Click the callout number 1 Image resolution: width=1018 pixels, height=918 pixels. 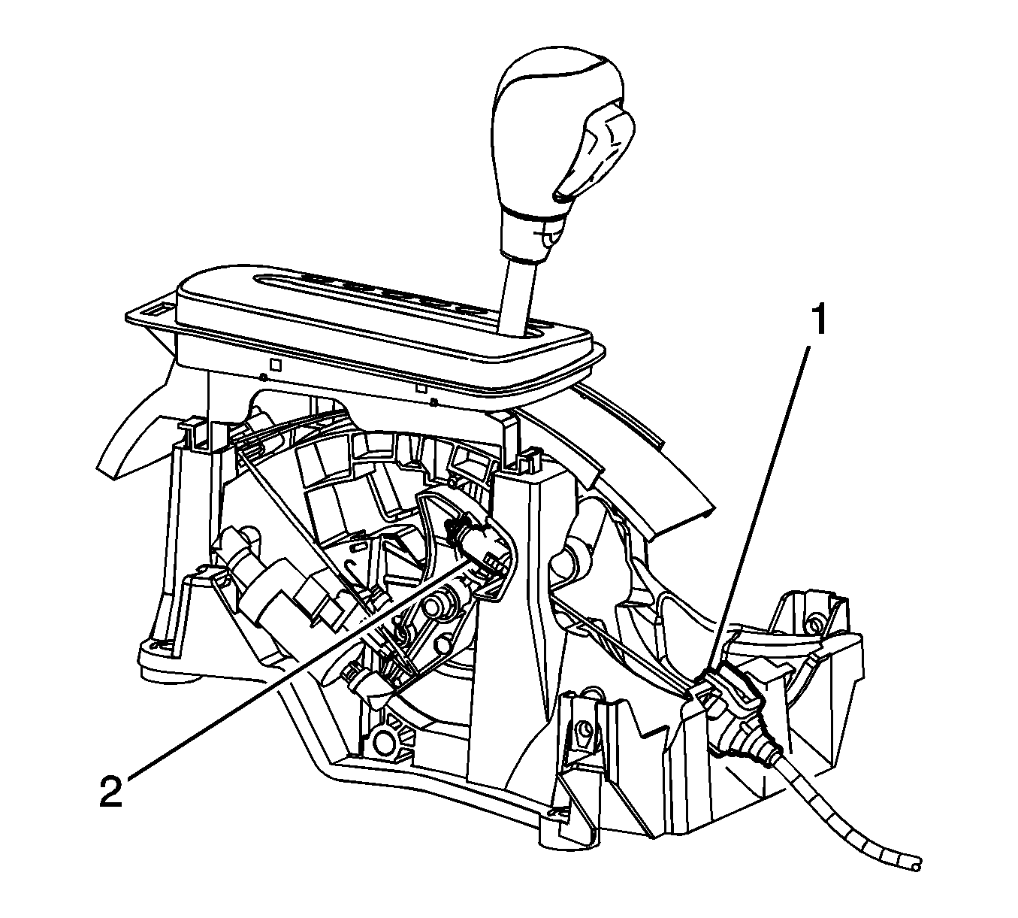click(819, 318)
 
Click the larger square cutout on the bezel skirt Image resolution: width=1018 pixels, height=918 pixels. click(276, 364)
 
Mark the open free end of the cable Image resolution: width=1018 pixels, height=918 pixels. click(915, 864)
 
